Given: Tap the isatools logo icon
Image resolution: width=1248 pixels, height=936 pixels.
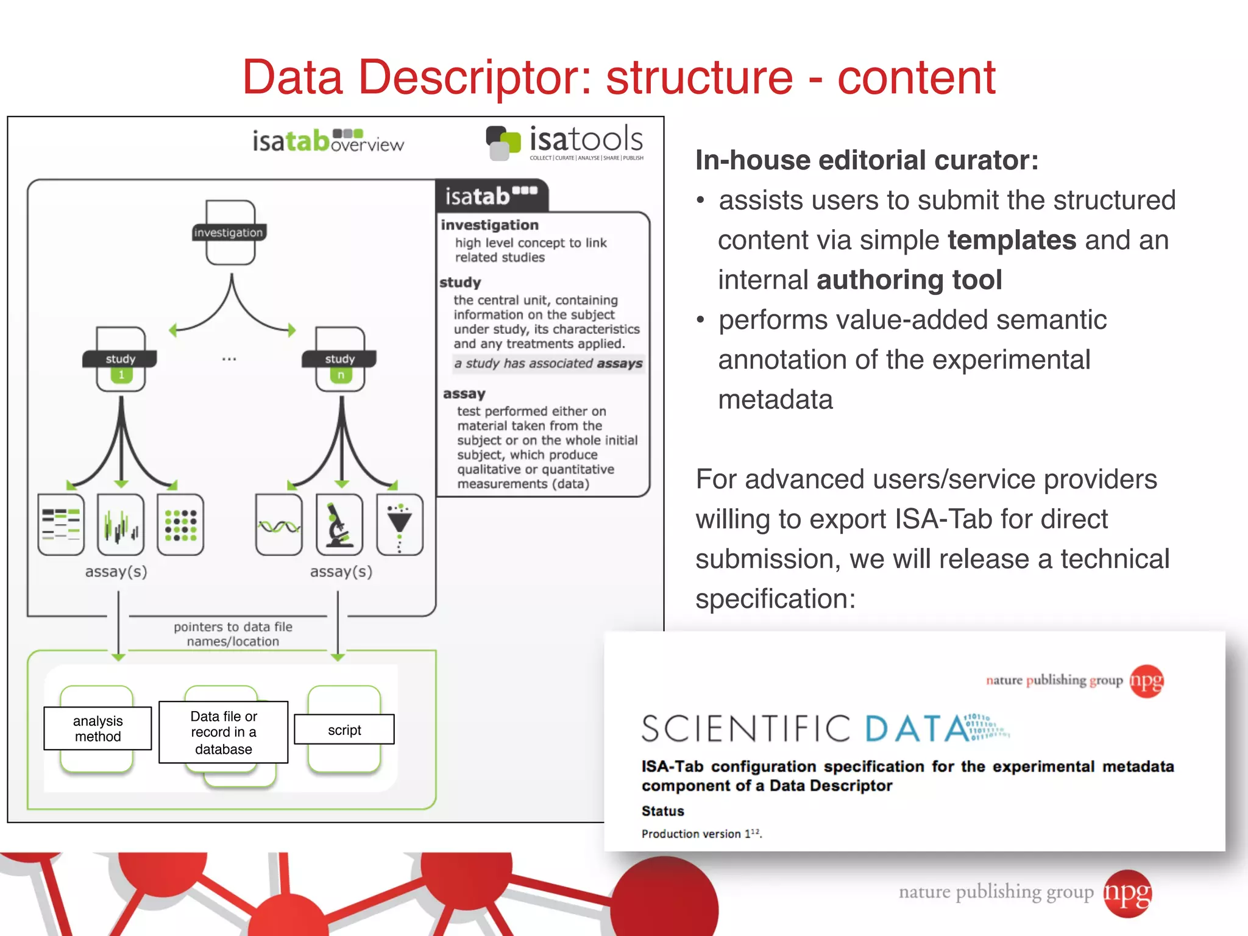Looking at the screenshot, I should point(503,143).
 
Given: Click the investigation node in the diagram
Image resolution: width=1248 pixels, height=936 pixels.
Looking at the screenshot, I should point(230,233).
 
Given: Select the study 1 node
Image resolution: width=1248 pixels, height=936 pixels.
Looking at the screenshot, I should point(121,360).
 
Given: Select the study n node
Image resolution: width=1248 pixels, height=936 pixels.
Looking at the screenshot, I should point(340,360).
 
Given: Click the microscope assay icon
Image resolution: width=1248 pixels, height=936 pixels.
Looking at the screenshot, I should point(339,525).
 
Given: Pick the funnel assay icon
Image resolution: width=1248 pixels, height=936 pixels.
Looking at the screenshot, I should point(400,525).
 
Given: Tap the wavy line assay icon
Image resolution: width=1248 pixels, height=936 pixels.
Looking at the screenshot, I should point(279,525).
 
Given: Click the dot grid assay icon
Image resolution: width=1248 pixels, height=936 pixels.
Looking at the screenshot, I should point(180,525).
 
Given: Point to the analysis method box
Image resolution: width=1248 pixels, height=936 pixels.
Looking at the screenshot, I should point(97,728).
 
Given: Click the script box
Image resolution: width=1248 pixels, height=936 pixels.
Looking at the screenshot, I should point(344,729).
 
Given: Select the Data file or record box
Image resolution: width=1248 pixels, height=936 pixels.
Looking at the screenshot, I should point(224,732).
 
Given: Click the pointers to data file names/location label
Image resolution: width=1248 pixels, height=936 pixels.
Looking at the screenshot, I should point(233,634).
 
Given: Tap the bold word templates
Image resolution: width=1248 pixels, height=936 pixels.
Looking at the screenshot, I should point(1012,240).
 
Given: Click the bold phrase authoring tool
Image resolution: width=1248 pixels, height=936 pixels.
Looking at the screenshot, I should point(909,280).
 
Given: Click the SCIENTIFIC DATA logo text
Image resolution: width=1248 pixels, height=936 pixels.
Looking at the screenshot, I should point(804,729).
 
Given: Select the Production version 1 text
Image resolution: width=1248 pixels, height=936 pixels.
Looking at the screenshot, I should point(701,834).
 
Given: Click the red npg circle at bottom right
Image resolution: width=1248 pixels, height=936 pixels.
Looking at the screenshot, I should point(1127,893).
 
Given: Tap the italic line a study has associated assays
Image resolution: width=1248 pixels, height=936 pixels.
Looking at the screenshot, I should point(548,364).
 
